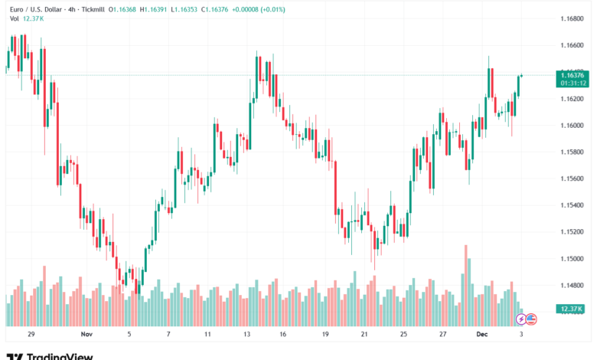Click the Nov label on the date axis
click(x=86, y=335)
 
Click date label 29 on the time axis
click(x=31, y=335)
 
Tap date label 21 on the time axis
click(x=365, y=335)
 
